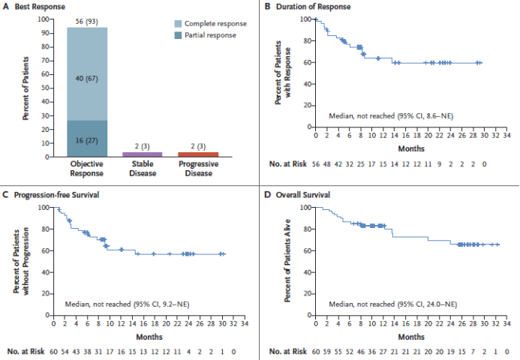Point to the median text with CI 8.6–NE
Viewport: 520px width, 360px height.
[390, 116]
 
